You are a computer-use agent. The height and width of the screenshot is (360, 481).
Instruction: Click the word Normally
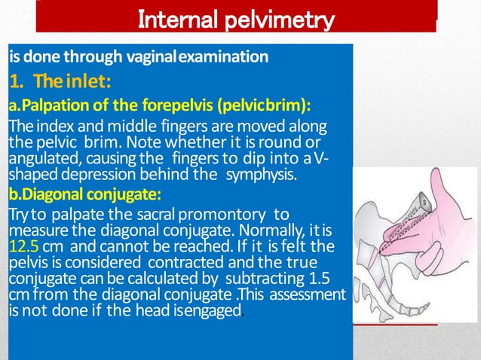(x=270, y=230)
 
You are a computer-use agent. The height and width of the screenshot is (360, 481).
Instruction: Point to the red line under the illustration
(x=393, y=323)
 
